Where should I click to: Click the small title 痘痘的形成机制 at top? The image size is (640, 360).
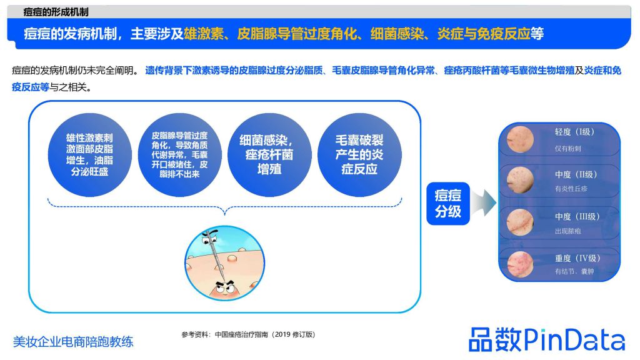pyautogui.click(x=56, y=12)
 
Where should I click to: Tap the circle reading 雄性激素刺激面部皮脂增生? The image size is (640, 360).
pyautogui.click(x=90, y=155)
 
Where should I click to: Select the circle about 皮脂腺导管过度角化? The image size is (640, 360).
pyautogui.click(x=179, y=155)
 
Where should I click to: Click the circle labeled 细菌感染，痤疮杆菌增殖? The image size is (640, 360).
pyautogui.click(x=269, y=155)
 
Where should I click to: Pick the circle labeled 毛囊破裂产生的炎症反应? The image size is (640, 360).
pyautogui.click(x=359, y=155)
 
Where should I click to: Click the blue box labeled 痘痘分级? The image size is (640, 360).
pyautogui.click(x=447, y=203)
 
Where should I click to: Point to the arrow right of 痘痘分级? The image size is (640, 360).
pyautogui.click(x=484, y=202)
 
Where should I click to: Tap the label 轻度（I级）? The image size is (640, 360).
pyautogui.click(x=574, y=132)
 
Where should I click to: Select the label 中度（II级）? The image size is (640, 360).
pyautogui.click(x=576, y=175)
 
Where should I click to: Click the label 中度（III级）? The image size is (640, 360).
pyautogui.click(x=577, y=217)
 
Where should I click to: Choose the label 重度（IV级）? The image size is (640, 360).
pyautogui.click(x=577, y=258)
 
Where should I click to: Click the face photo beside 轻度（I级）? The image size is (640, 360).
pyautogui.click(x=521, y=139)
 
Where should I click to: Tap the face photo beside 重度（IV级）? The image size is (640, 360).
pyautogui.click(x=521, y=264)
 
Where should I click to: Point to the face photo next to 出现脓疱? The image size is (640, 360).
pyautogui.click(x=521, y=222)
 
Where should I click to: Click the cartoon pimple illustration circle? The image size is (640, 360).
pyautogui.click(x=225, y=263)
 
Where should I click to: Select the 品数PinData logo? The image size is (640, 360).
pyautogui.click(x=547, y=339)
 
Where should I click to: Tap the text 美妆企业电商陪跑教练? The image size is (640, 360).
pyautogui.click(x=73, y=342)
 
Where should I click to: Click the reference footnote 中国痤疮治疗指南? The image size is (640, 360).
pyautogui.click(x=241, y=335)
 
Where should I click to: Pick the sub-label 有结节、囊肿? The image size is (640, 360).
pyautogui.click(x=574, y=271)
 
